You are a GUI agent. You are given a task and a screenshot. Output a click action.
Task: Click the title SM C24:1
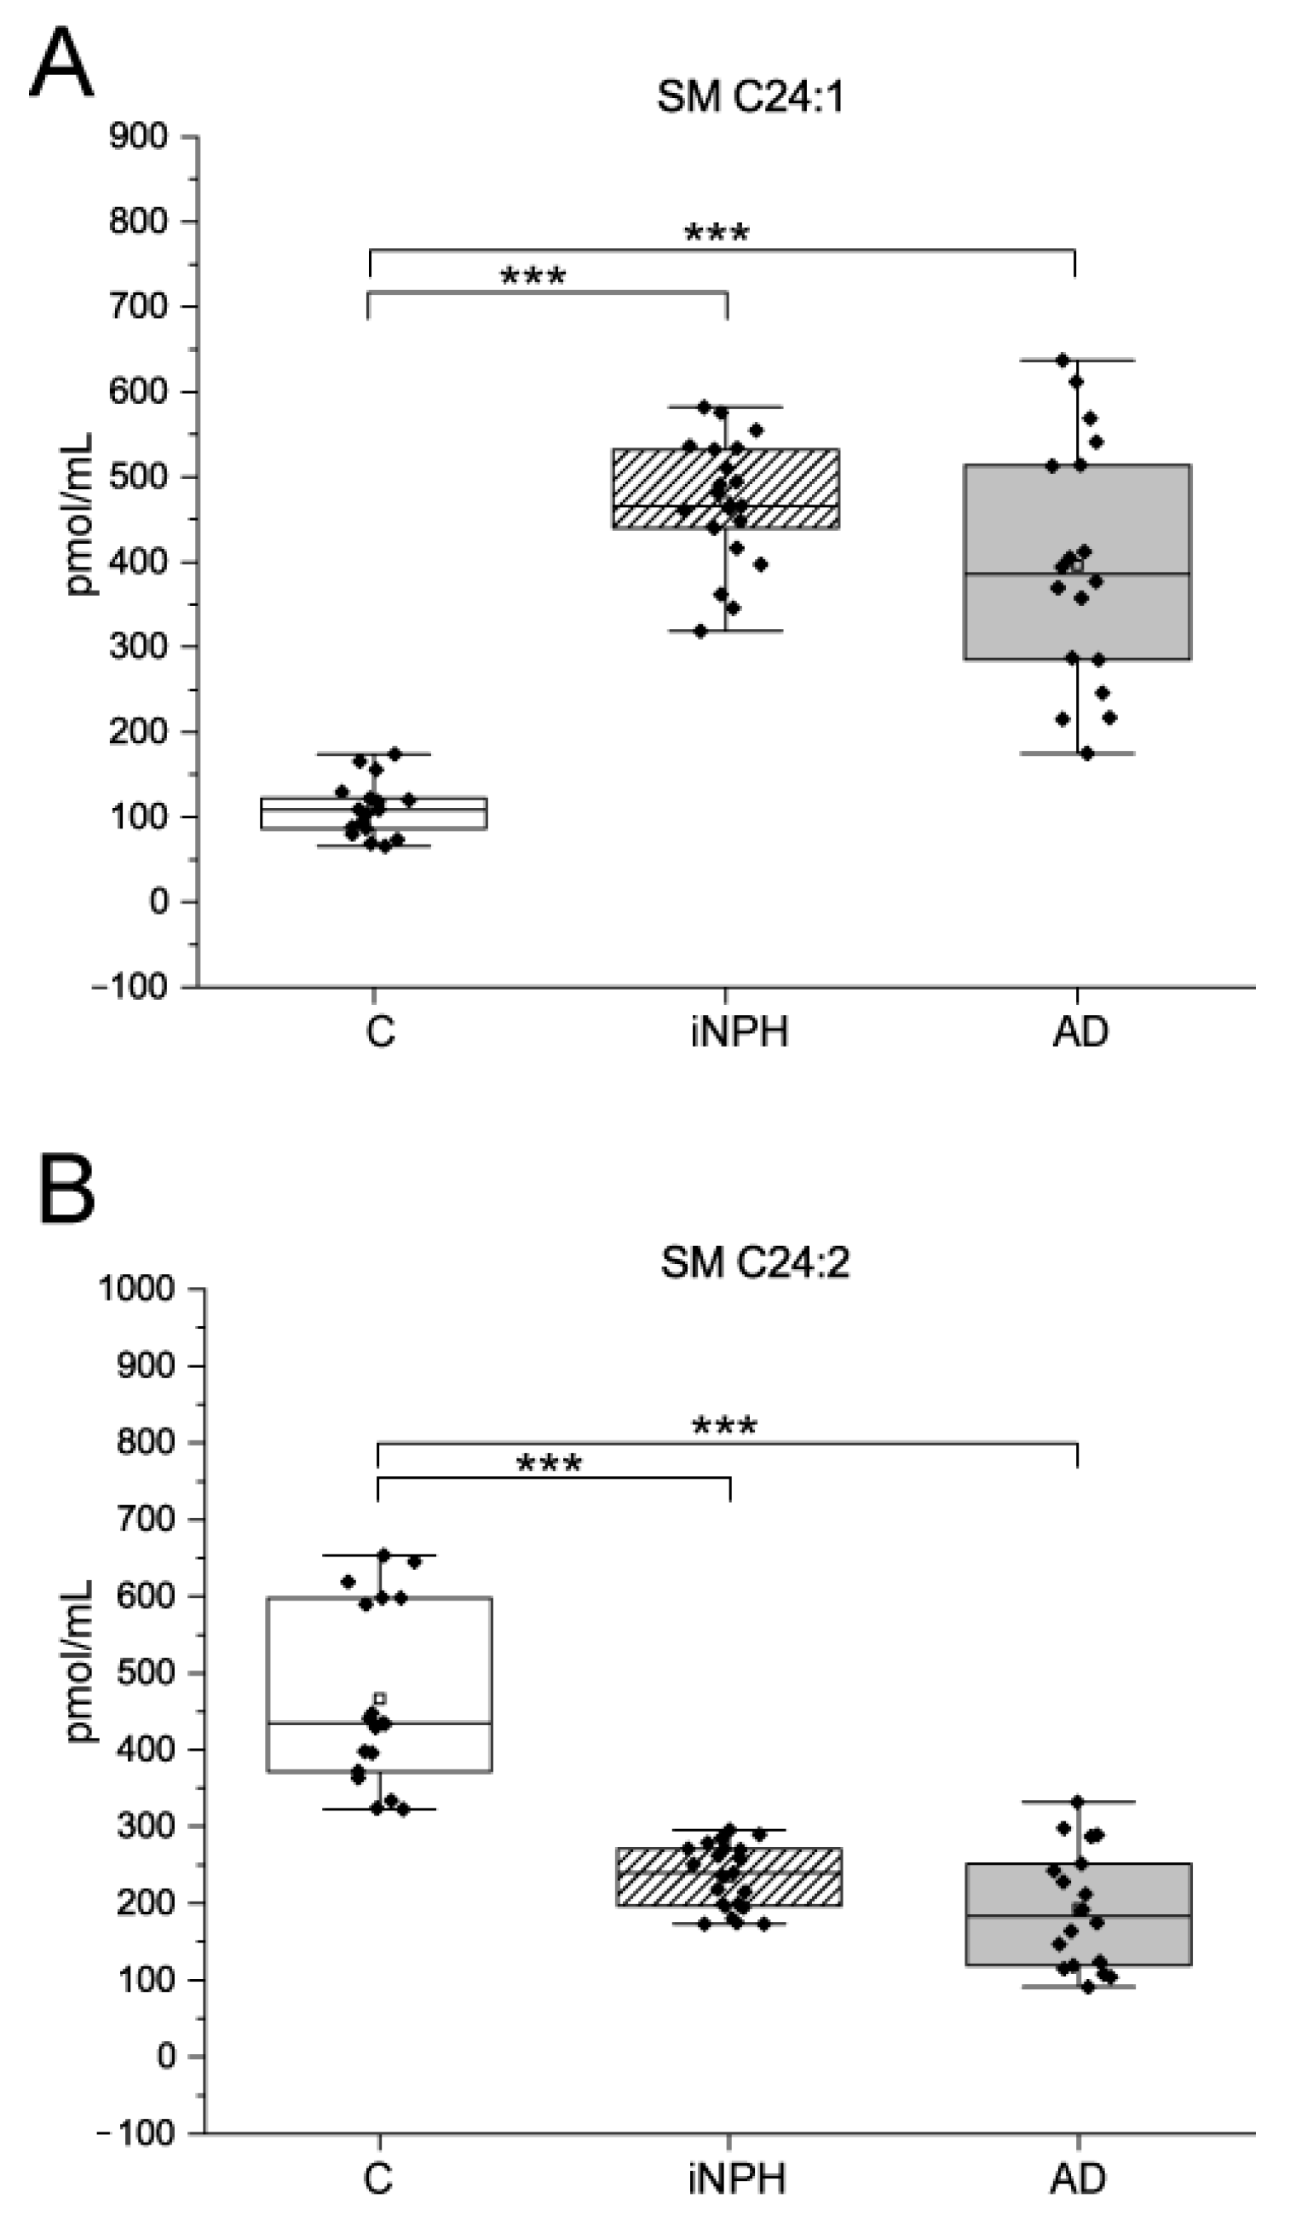[x=750, y=96]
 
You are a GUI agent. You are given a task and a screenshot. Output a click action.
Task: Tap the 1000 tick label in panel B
[x=136, y=1290]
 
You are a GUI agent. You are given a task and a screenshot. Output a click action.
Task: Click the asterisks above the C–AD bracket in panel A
[x=717, y=234]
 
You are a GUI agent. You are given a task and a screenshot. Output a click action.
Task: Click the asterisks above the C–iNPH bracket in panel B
[x=549, y=1465]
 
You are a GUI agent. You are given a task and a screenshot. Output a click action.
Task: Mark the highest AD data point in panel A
[x=1063, y=360]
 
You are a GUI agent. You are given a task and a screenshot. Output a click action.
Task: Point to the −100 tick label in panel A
[x=130, y=987]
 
